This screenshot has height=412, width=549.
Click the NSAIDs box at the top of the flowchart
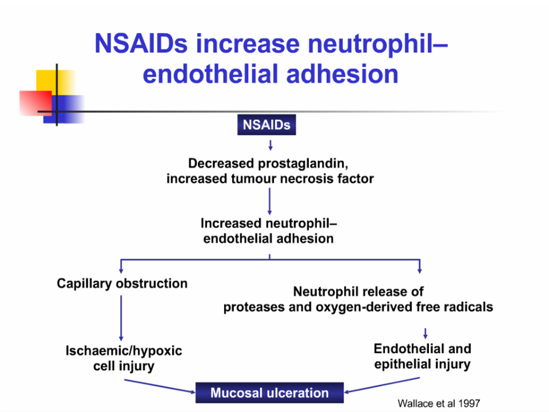(266, 125)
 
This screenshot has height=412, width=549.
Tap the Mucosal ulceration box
(269, 393)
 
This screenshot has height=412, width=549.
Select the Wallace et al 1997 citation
(439, 403)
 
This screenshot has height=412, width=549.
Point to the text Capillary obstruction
(122, 283)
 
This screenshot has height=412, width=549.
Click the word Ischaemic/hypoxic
(124, 351)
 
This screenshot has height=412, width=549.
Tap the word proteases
(252, 307)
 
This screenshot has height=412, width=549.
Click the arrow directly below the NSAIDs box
(270, 144)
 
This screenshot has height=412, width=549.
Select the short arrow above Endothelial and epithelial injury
(425, 332)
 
